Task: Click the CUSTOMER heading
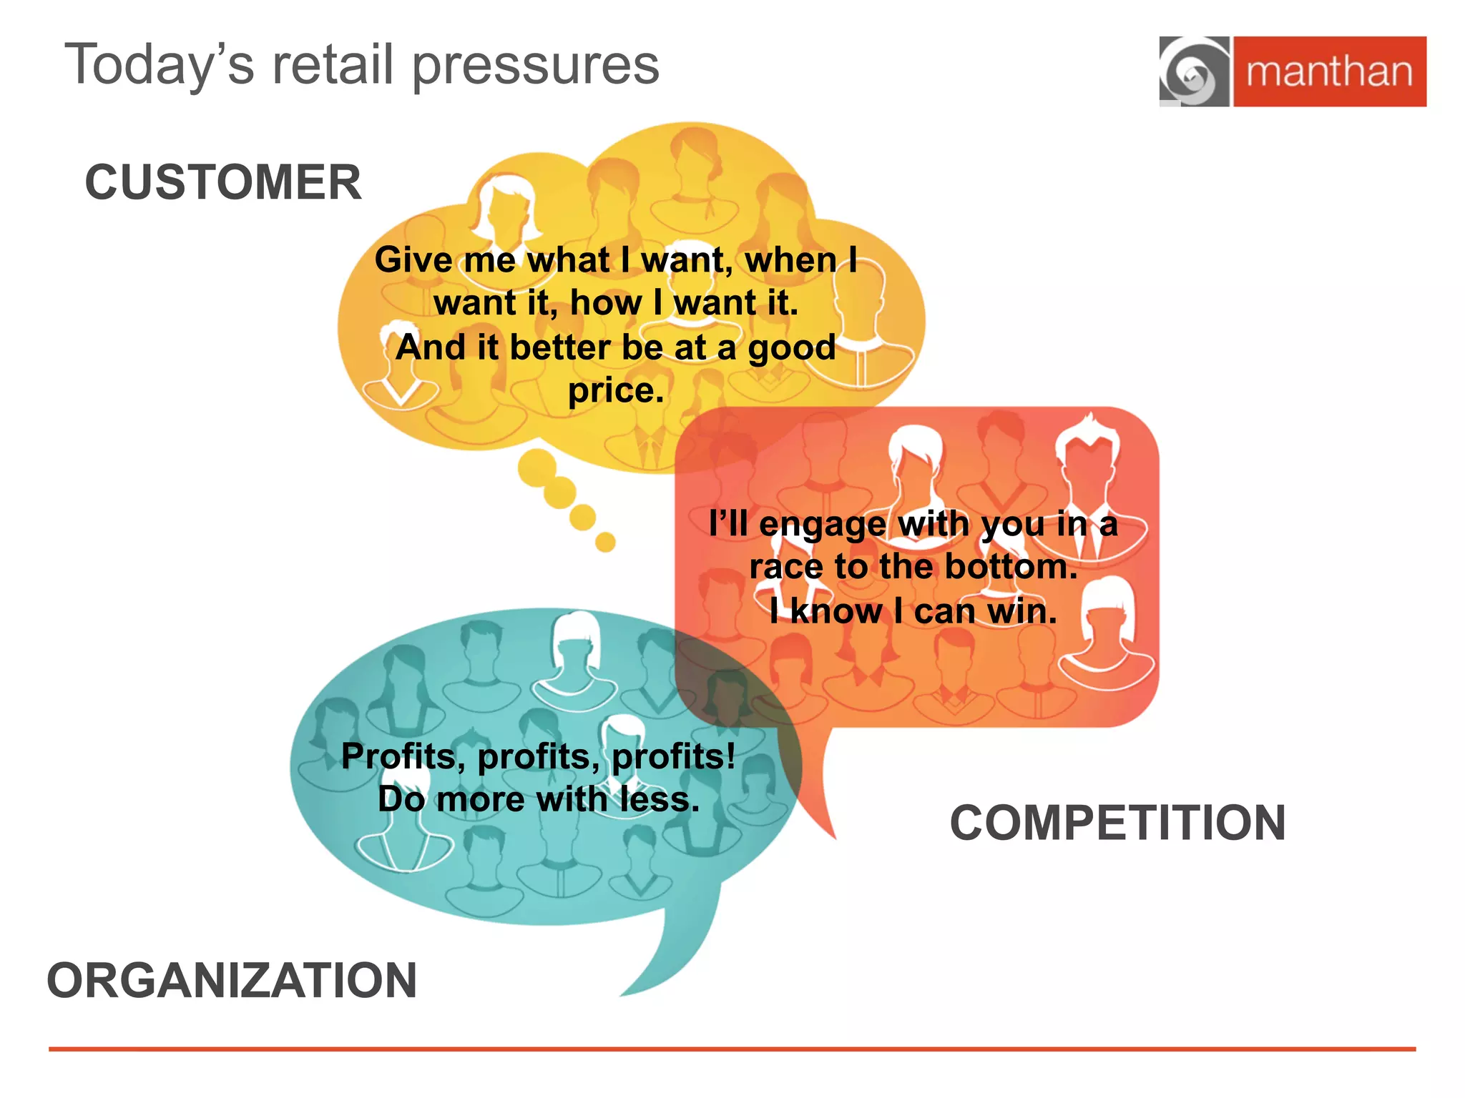pos(223,182)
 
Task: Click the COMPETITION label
pos(1117,823)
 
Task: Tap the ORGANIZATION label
pos(232,980)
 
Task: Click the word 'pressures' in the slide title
pos(536,66)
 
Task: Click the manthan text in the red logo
pos(1329,72)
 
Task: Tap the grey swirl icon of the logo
pos(1194,72)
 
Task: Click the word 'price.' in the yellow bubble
pos(616,391)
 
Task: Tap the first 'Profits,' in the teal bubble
pos(403,756)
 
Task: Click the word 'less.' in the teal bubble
pos(659,799)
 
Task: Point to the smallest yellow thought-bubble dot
pos(605,542)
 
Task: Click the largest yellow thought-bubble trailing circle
pos(537,468)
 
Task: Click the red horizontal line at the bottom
pos(732,1049)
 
